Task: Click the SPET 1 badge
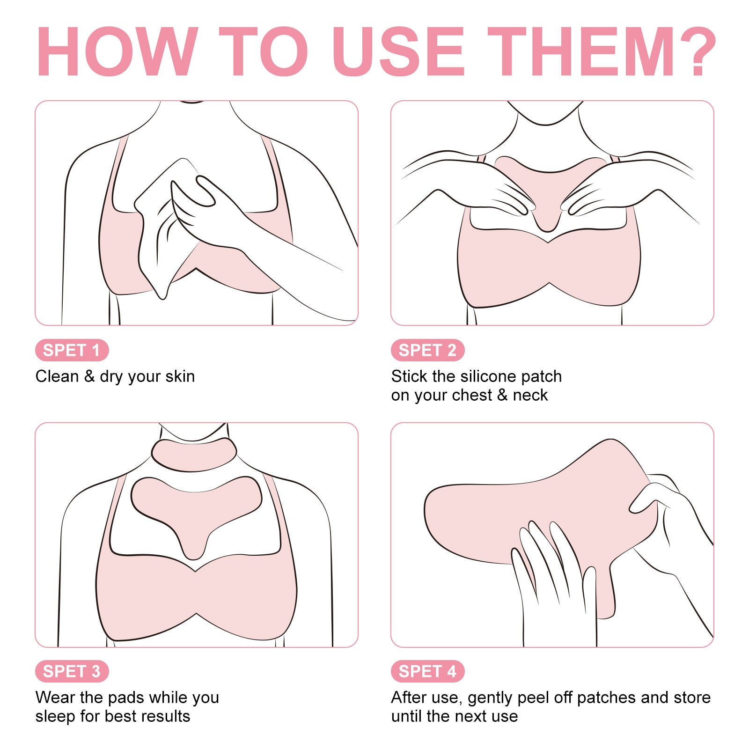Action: tap(72, 350)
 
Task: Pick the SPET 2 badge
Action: tap(427, 350)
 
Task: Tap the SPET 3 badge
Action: tap(72, 671)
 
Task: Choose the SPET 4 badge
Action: tap(427, 671)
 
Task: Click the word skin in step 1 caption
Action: tap(180, 376)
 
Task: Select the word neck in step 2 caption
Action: tap(530, 395)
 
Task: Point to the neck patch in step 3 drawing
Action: tap(194, 454)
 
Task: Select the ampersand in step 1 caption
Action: tap(89, 376)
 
